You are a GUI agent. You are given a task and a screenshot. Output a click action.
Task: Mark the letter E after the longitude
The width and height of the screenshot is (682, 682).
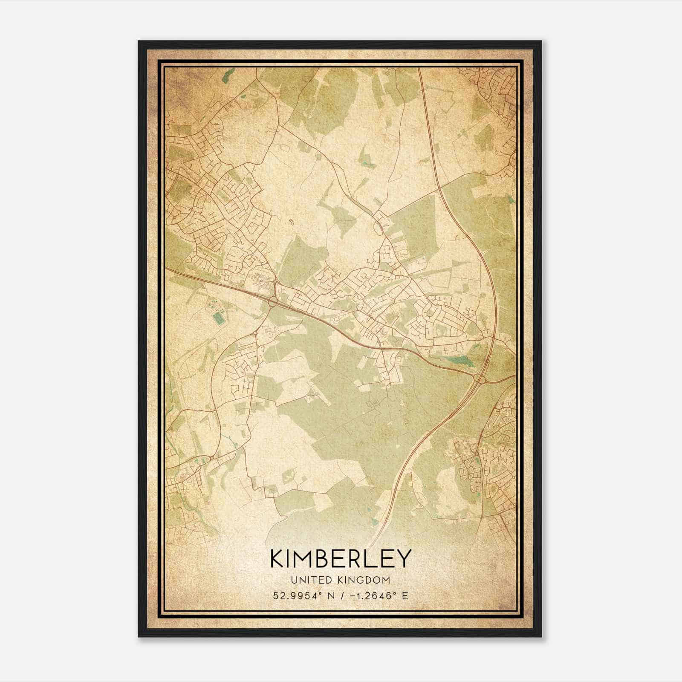405,595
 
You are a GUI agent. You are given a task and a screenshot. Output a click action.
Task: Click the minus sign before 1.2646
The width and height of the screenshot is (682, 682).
353,595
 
